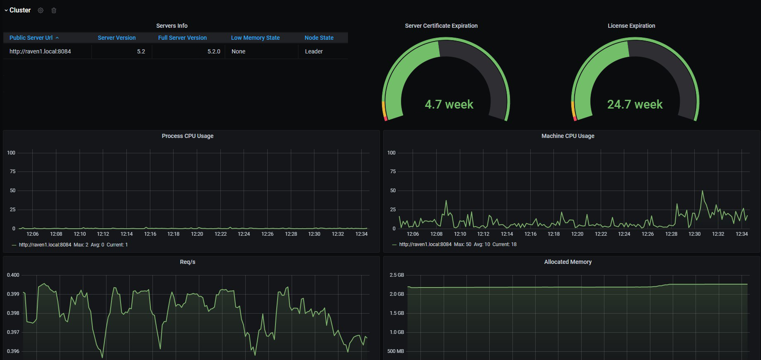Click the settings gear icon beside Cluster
click(x=41, y=10)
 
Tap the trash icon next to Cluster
click(x=54, y=10)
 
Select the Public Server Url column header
click(x=31, y=38)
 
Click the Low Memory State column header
click(x=255, y=38)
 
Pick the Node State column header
click(x=319, y=38)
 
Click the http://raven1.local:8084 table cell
click(x=40, y=51)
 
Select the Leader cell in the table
click(x=314, y=51)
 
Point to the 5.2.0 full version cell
click(x=214, y=51)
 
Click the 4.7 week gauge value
click(x=449, y=104)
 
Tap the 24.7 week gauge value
click(x=635, y=104)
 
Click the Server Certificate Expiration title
click(x=441, y=26)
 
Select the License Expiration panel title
click(x=631, y=26)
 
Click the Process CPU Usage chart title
click(x=188, y=136)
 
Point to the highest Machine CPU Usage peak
click(x=702, y=191)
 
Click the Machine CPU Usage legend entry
click(x=454, y=244)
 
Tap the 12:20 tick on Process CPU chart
click(x=197, y=234)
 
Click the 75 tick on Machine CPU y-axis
click(x=393, y=172)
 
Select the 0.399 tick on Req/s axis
click(x=13, y=294)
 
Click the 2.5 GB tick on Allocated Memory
click(x=397, y=275)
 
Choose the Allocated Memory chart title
click(x=568, y=262)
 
